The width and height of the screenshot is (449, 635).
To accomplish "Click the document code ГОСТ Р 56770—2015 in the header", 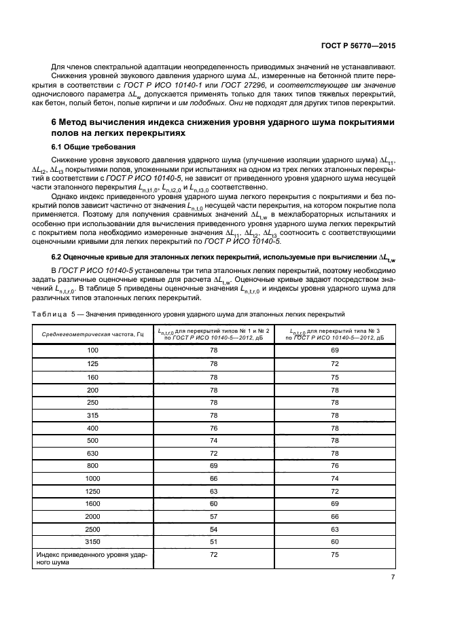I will (x=358, y=45).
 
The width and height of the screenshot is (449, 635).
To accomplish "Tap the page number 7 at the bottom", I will (x=393, y=577).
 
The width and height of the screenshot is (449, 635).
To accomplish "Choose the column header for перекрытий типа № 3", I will (x=334, y=333).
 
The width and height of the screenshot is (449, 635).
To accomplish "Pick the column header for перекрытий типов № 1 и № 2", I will (x=214, y=333).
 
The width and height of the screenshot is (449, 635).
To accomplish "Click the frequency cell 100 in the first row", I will (x=92, y=350).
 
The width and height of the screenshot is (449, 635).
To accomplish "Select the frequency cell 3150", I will (x=92, y=541).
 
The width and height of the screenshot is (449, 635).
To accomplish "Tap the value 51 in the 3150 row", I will (x=214, y=541).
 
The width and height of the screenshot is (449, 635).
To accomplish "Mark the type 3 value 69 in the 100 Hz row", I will (x=334, y=350).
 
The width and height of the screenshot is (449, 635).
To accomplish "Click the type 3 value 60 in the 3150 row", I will (x=334, y=541).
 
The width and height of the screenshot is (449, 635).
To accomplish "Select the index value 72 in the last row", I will (x=214, y=555).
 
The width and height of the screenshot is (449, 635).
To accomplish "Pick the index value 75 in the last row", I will (x=334, y=555).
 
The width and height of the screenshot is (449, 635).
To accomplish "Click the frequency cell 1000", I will (x=92, y=477).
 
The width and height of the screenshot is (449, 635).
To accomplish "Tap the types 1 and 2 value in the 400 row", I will (x=214, y=427).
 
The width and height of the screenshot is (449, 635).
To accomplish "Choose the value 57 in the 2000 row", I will (x=214, y=516).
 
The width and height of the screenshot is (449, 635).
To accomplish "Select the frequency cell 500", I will (x=92, y=439).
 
